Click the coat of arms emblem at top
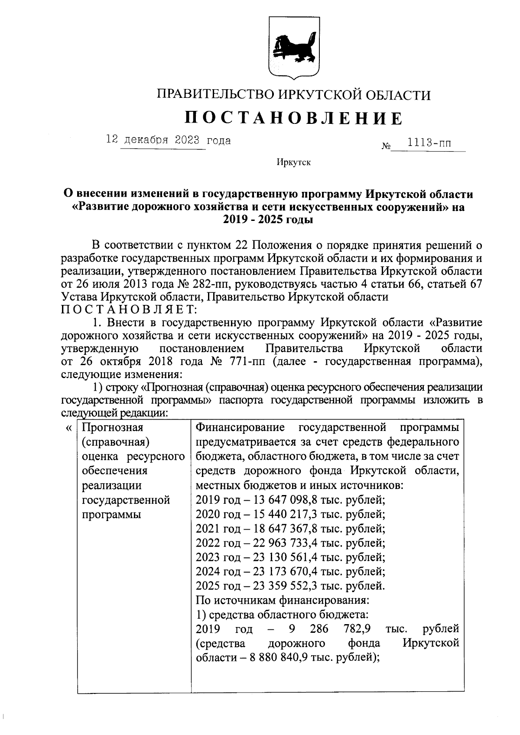pyautogui.click(x=294, y=48)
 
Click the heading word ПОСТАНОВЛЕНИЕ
pyautogui.click(x=294, y=118)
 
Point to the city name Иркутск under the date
pyautogui.click(x=294, y=163)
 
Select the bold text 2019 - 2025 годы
pyautogui.click(x=268, y=220)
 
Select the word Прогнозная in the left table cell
pyautogui.click(x=113, y=428)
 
